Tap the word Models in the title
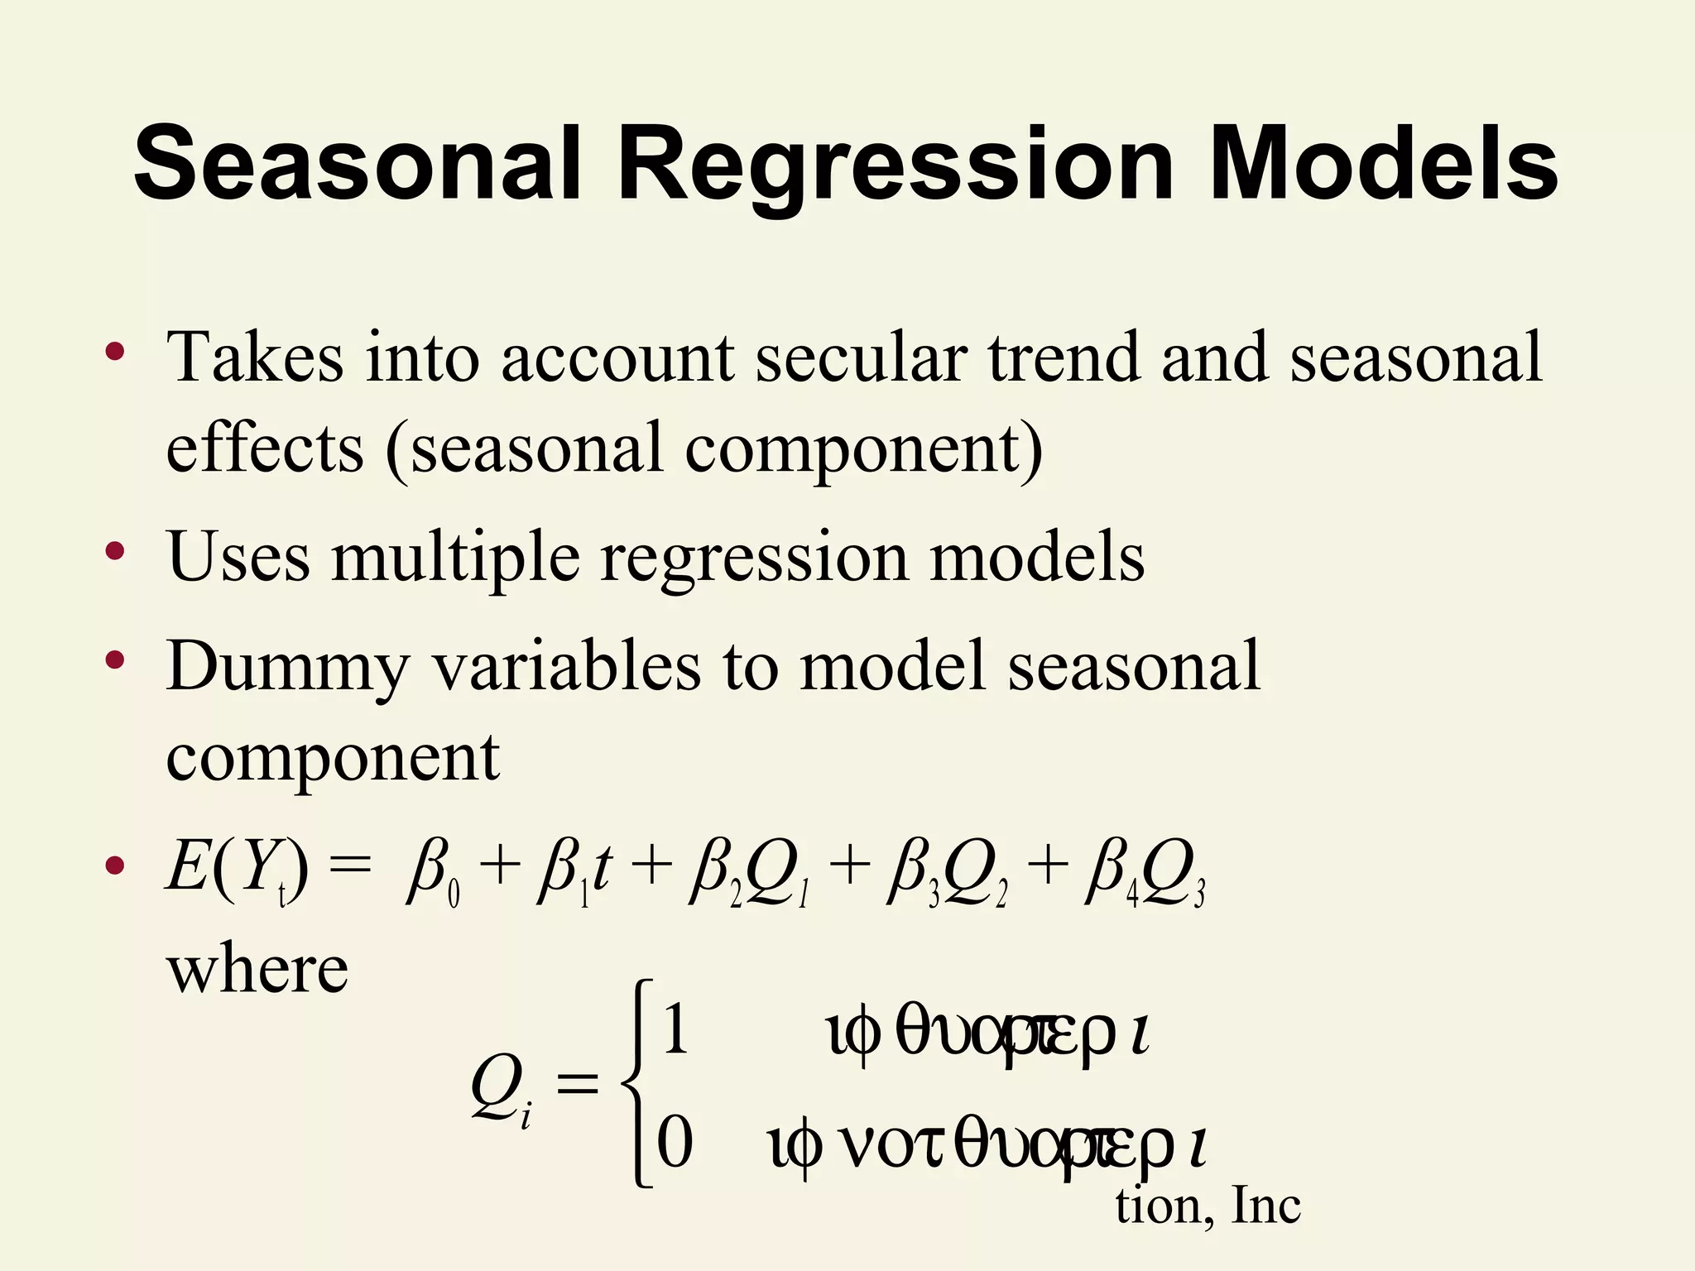pyautogui.click(x=1383, y=163)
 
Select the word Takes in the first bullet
pyautogui.click(x=255, y=357)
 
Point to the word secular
pyautogui.click(x=861, y=357)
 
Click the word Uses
pyautogui.click(x=238, y=557)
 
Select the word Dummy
pyautogui.click(x=288, y=667)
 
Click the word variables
pyautogui.click(x=568, y=665)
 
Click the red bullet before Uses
pyautogui.click(x=115, y=551)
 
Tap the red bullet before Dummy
pyautogui.click(x=115, y=659)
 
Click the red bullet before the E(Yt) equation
pyautogui.click(x=115, y=866)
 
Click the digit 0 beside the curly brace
pyautogui.click(x=675, y=1142)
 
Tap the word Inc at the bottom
pyautogui.click(x=1265, y=1206)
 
